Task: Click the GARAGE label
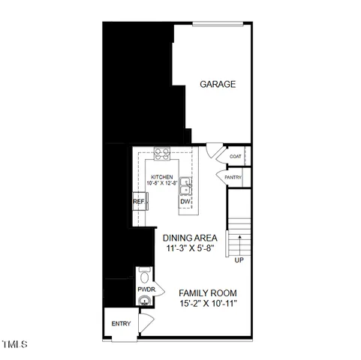tap(218, 85)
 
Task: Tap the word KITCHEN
tap(161, 177)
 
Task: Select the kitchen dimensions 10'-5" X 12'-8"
tap(162, 183)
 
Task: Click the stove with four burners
tap(161, 154)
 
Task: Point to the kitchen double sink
tap(185, 186)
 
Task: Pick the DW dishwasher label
tap(185, 202)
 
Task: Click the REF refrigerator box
tap(139, 202)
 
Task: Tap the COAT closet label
tap(235, 157)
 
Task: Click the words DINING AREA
tap(191, 238)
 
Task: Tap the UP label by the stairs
tap(239, 260)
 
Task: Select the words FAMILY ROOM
tap(208, 292)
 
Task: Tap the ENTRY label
tap(121, 324)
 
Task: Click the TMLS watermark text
tap(14, 346)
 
